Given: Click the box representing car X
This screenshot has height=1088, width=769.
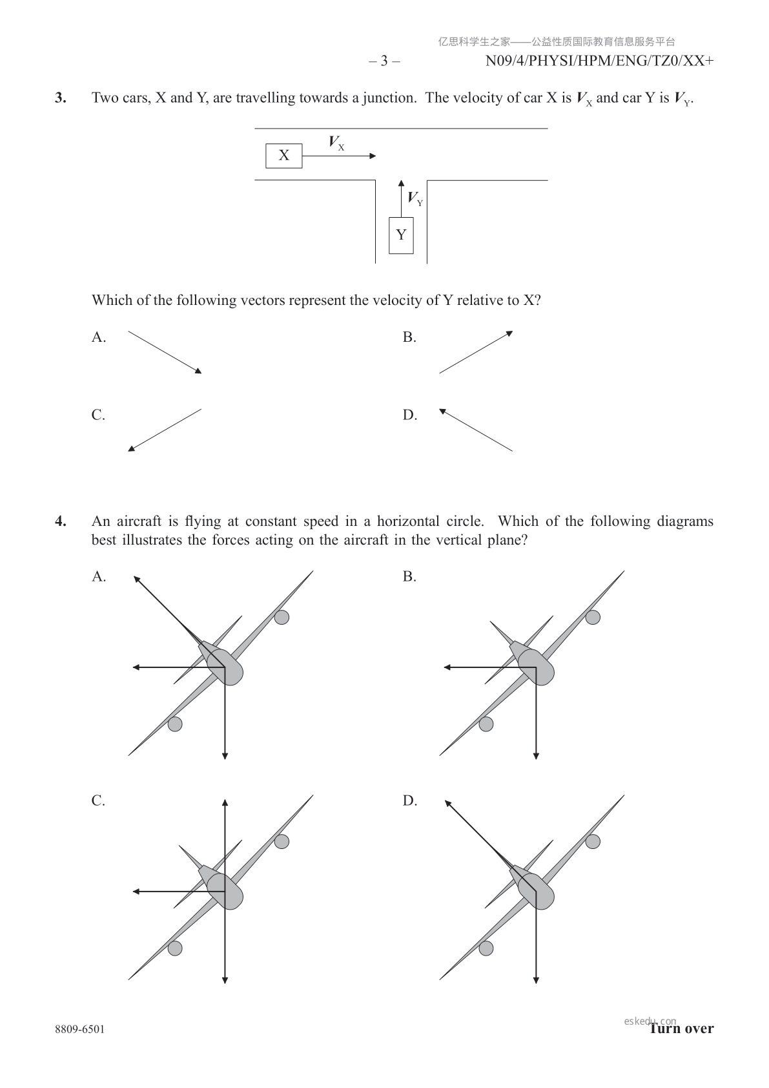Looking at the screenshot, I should (x=283, y=156).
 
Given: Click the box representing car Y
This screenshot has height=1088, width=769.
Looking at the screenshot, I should (x=401, y=235).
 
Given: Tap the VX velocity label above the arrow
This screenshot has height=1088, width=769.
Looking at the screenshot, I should (x=336, y=143).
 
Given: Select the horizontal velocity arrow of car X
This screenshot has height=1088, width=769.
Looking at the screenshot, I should (x=339, y=156).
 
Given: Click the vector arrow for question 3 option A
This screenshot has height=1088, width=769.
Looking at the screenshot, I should (x=165, y=352).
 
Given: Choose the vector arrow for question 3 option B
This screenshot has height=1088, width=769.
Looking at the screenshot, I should (x=476, y=352).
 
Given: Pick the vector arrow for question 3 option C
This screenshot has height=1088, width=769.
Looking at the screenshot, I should (x=165, y=430).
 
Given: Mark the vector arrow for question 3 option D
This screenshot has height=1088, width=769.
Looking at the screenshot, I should (x=476, y=430).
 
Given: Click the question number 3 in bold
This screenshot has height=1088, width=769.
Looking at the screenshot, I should (x=60, y=98).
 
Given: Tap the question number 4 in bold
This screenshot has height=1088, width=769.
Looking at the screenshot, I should (x=60, y=521).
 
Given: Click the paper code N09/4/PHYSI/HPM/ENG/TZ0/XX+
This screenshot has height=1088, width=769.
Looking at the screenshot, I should (x=599, y=61).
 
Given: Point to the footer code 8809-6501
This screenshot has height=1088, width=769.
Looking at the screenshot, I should (x=79, y=1029).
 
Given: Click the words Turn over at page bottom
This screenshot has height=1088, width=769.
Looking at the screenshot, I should (x=682, y=1029).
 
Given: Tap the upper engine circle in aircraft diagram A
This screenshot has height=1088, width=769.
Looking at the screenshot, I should (x=282, y=617).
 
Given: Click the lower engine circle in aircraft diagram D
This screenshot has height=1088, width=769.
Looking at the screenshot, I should (x=486, y=948).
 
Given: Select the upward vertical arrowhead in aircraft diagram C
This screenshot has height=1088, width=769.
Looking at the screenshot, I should (x=225, y=803).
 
